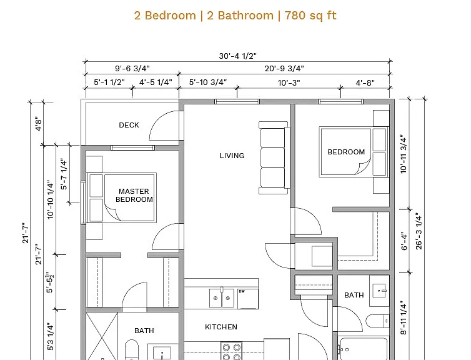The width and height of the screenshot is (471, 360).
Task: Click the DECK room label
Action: click(129, 125)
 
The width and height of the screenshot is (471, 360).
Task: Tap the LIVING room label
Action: click(232, 156)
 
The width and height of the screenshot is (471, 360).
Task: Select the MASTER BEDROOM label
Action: click(134, 196)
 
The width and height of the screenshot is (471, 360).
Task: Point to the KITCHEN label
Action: click(221, 327)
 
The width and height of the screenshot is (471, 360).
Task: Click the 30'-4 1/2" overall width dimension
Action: click(237, 56)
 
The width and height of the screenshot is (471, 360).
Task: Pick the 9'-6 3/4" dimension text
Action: click(132, 69)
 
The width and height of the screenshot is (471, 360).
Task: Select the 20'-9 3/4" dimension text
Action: click(284, 69)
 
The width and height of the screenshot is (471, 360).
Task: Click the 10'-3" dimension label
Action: click(289, 82)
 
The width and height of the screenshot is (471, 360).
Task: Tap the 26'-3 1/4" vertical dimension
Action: click(419, 231)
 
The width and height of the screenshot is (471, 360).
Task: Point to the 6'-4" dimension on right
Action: click(404, 241)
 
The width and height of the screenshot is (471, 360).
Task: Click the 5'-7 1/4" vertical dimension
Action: click(64, 174)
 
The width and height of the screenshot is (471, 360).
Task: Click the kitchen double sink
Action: click(221, 297)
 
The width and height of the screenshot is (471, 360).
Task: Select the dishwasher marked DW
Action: click(248, 299)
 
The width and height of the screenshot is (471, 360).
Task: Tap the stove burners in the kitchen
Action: click(232, 351)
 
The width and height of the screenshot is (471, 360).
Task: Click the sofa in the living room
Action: click(274, 157)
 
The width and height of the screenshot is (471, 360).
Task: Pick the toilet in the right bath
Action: click(377, 321)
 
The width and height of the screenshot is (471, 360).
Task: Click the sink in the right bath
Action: click(379, 291)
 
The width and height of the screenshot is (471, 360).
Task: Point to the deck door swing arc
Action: click(162, 122)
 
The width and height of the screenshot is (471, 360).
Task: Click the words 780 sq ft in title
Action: click(310, 16)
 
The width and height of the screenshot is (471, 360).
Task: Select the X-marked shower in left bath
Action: click(102, 336)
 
